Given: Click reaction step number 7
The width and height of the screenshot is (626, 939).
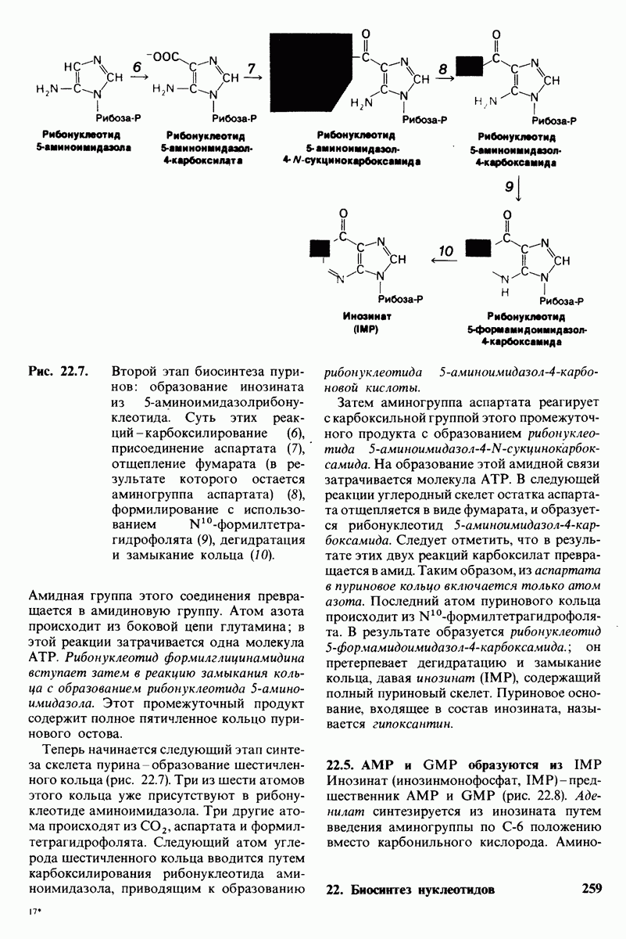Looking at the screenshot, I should (252, 69).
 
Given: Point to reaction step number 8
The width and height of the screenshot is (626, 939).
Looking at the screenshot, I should (442, 70).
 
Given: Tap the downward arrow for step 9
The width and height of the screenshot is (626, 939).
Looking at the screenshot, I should (517, 189).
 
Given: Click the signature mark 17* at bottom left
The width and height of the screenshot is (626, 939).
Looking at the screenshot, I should (33, 912).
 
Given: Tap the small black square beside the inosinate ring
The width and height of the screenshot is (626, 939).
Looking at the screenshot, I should (319, 248).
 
